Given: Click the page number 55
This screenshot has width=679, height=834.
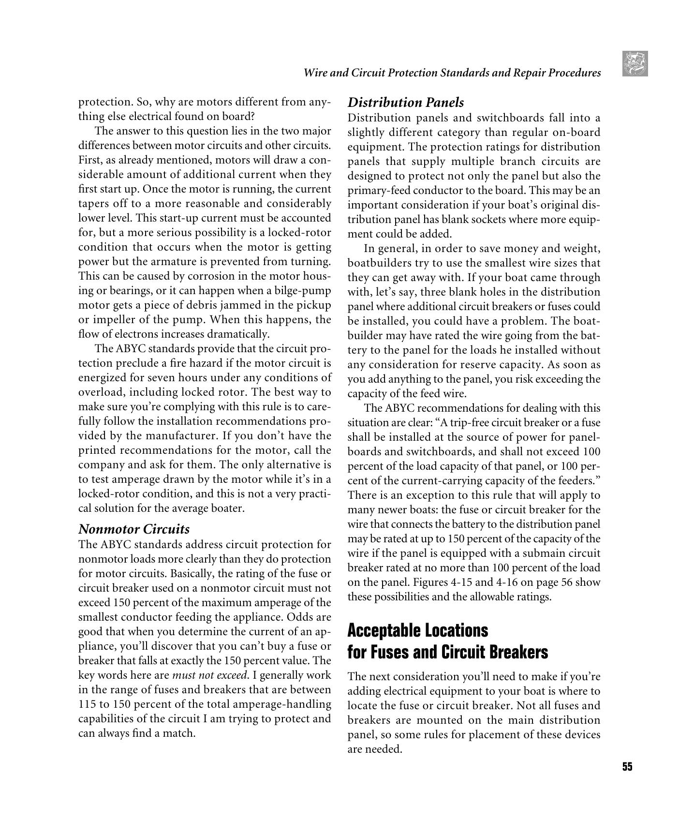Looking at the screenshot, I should (627, 766).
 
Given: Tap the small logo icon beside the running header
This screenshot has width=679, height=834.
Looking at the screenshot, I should (635, 64).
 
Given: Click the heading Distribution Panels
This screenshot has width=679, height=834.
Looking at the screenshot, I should (405, 103).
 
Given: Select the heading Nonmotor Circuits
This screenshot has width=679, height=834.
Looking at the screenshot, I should (134, 529).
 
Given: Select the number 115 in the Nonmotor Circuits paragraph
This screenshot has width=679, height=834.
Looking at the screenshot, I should (87, 704).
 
